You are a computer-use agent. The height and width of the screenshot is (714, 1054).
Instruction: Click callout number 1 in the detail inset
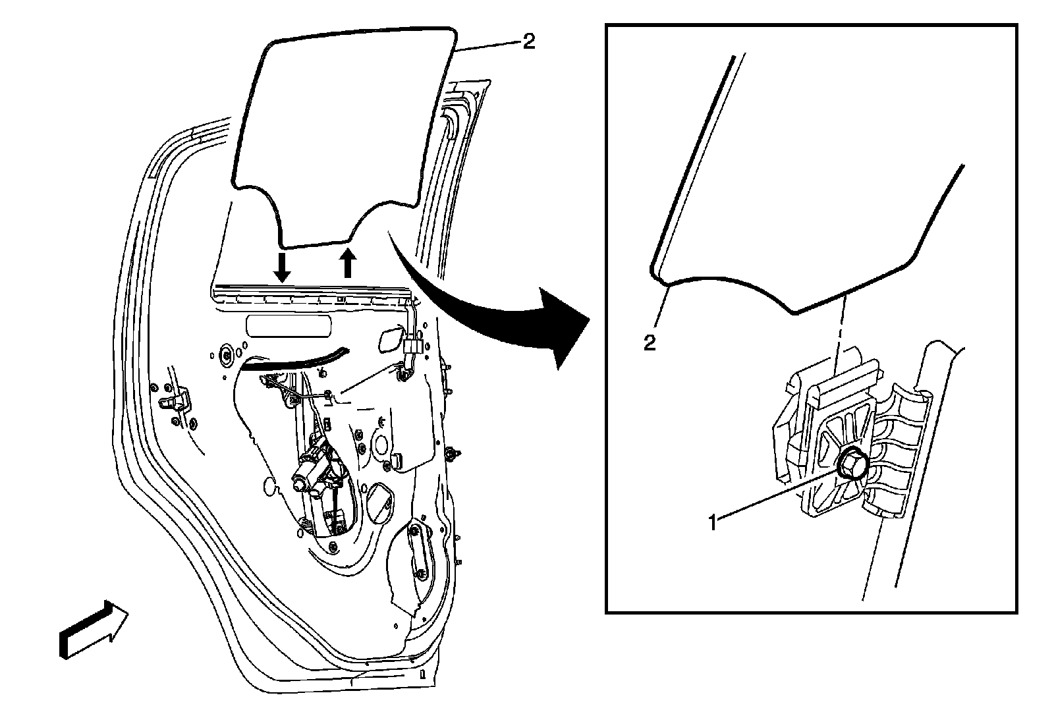tap(712, 523)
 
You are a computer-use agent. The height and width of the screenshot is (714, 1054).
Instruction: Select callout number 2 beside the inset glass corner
tap(650, 343)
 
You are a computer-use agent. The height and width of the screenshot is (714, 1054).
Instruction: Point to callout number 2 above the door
tap(528, 42)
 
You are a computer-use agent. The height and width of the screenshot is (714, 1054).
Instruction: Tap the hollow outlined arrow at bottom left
tap(93, 629)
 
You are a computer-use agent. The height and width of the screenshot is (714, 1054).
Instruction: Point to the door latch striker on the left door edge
tap(176, 402)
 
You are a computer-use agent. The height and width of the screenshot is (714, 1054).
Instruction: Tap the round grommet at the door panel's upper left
tap(227, 356)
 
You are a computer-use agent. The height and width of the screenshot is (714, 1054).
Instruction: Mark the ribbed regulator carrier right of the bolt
tap(899, 454)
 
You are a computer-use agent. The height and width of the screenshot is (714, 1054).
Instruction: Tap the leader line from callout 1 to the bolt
tap(777, 494)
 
